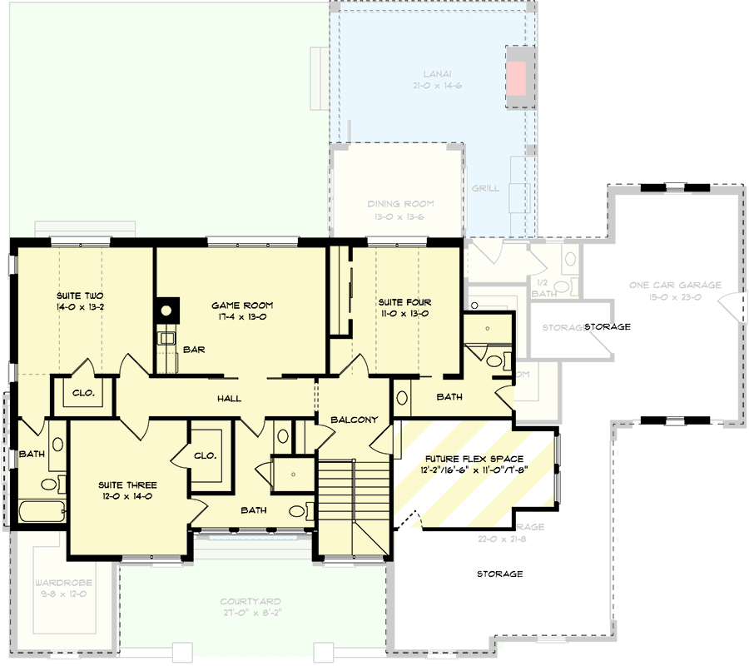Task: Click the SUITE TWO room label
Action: pyautogui.click(x=79, y=296)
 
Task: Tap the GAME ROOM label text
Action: pyautogui.click(x=241, y=306)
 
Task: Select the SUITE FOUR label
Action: pyautogui.click(x=404, y=302)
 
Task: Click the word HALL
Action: pyautogui.click(x=229, y=399)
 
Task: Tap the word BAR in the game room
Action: pyautogui.click(x=194, y=350)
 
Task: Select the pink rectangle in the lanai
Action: pyautogui.click(x=517, y=77)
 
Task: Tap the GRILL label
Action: pyautogui.click(x=485, y=188)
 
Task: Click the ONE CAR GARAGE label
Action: pyautogui.click(x=675, y=285)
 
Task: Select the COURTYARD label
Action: pyautogui.click(x=250, y=601)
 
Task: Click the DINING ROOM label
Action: pyautogui.click(x=400, y=203)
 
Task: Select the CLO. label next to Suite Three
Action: pyautogui.click(x=206, y=455)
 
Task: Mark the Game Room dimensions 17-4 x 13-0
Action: pyautogui.click(x=241, y=316)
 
